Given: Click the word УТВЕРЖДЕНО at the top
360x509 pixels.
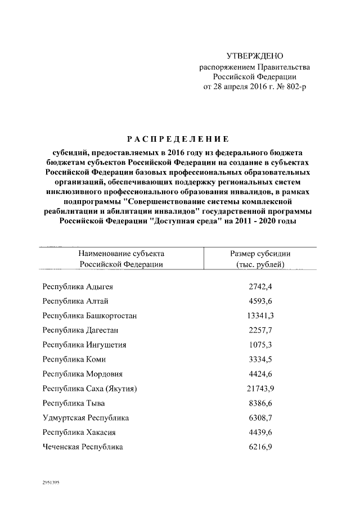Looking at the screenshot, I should point(254,56).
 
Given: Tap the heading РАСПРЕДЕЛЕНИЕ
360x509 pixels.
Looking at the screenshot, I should point(177,139).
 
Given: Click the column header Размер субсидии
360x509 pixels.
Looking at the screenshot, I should point(260,254).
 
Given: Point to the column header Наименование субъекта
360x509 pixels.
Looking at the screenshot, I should point(121,254).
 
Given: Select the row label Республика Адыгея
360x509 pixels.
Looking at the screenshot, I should point(78,286).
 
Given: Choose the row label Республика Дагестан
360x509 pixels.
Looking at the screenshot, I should point(80,330).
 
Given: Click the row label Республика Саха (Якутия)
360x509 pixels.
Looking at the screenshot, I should point(90,389).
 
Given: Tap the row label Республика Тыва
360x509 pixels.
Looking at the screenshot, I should point(74,403).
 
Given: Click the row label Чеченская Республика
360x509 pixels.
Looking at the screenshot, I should point(83,447).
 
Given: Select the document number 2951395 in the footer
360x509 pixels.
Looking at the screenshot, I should point(51,483).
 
